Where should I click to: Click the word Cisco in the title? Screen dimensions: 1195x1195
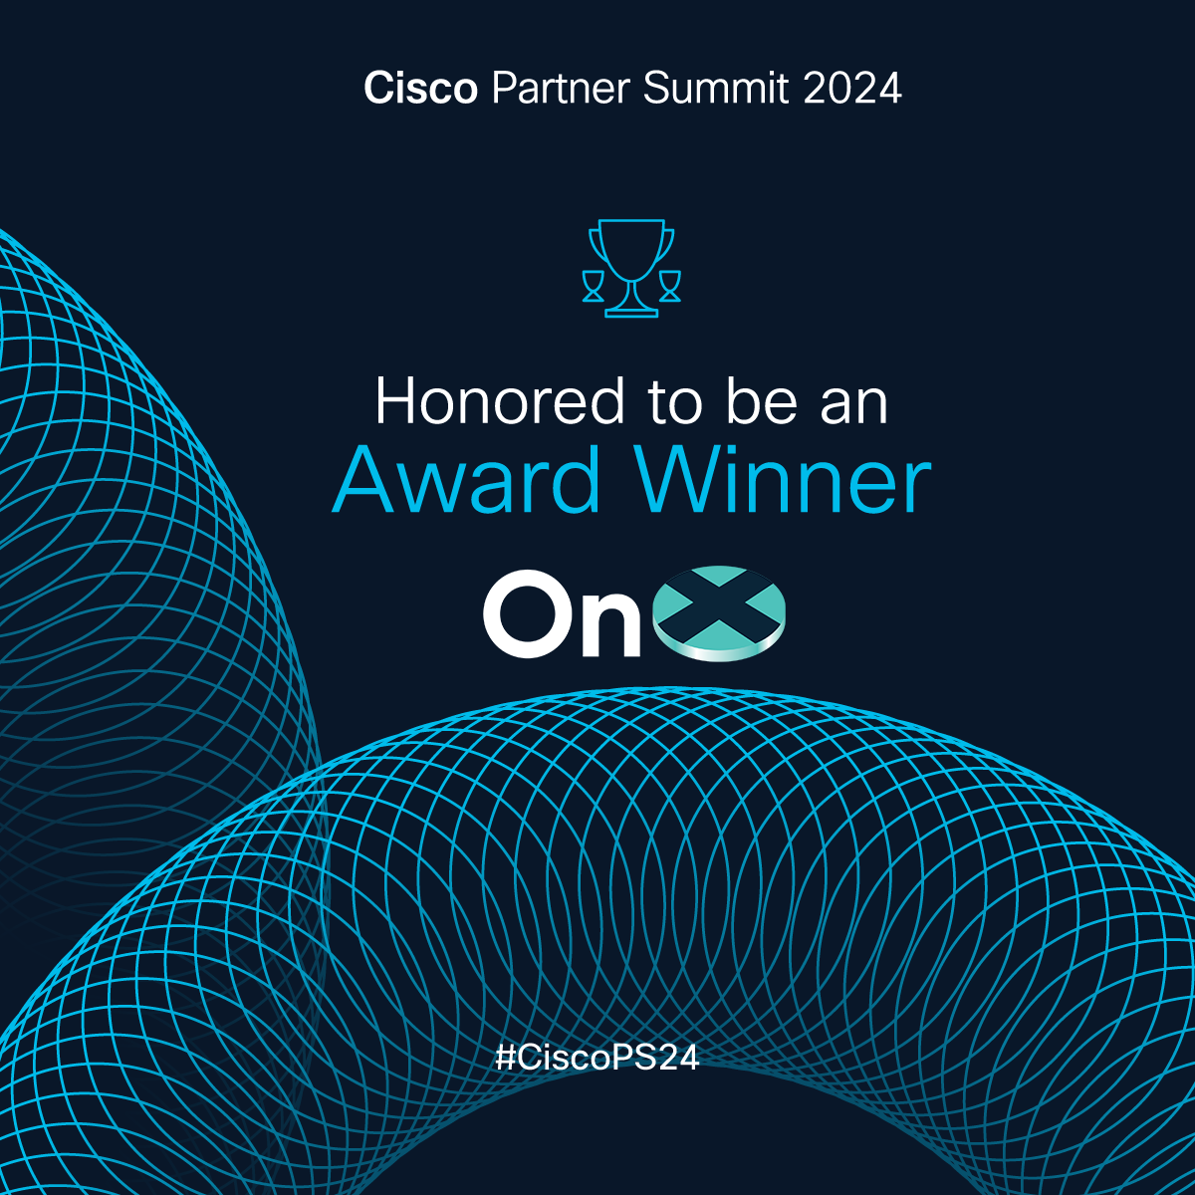(420, 88)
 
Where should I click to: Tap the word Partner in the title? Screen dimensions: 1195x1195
(561, 88)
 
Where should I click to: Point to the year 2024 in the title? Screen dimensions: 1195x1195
(852, 88)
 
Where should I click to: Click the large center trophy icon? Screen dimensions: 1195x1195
(631, 268)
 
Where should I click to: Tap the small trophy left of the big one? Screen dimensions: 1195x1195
(593, 286)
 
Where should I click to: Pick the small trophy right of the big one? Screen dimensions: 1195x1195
(670, 286)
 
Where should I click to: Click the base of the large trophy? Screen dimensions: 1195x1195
(631, 313)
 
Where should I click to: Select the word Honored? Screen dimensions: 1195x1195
(500, 401)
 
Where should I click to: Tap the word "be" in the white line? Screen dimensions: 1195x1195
(762, 401)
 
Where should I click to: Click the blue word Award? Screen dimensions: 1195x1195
(466, 480)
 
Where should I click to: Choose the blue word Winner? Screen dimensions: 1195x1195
(785, 480)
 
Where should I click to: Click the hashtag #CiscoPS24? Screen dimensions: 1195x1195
(597, 1058)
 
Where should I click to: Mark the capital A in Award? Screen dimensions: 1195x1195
(364, 480)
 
